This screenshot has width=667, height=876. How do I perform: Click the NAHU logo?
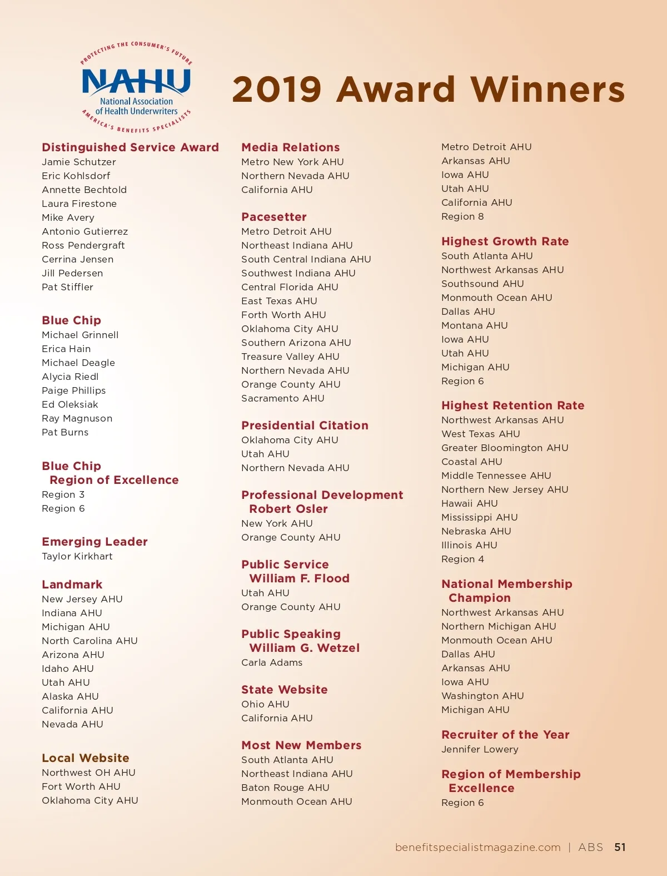coord(136,87)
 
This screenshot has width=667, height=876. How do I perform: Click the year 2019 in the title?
coord(277,90)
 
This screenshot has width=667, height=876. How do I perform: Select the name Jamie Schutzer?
coord(79,162)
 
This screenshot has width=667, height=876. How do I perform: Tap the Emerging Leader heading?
coord(94,542)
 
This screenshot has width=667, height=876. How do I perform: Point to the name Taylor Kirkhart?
coord(77,556)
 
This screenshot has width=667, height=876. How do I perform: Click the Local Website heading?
coord(86,758)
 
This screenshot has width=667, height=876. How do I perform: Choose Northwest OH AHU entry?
coord(88,773)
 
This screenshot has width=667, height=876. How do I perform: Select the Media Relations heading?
coord(290,147)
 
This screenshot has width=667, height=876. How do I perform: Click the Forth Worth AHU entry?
coord(283,315)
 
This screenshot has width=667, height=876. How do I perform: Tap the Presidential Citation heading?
coord(305,425)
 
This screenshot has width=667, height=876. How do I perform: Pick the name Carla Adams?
coord(272,662)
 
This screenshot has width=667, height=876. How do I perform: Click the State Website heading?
coord(284,690)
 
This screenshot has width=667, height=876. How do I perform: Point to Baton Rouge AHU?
coord(285,788)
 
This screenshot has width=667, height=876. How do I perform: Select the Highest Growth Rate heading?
coord(505,241)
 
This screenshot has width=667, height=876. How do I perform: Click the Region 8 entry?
coord(462,216)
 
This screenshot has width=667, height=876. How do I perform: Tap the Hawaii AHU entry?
coord(470,503)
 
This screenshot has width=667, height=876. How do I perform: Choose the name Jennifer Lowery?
coord(480,749)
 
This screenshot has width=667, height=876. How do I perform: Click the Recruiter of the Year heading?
coord(505,735)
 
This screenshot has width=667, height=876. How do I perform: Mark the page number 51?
coord(620,847)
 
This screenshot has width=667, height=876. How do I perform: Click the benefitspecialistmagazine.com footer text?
coord(477,847)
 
